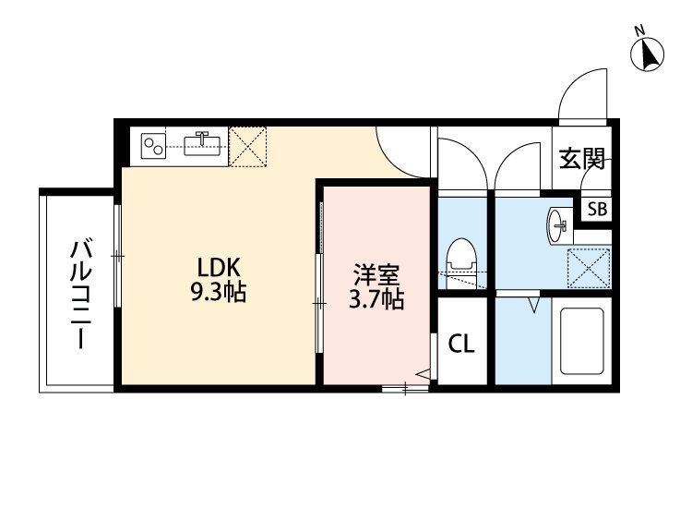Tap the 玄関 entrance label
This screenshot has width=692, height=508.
coord(581,159)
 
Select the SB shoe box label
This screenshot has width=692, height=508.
coord(597,209)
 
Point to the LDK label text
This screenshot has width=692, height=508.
coord(220,267)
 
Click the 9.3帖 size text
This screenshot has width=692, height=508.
coord(220,293)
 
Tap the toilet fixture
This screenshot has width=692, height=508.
coord(459,259)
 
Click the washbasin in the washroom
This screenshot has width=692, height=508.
coord(557,224)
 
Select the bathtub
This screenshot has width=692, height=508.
coord(580,340)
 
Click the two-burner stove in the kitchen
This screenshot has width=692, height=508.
coord(153,145)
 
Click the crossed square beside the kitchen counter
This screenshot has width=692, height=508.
coord(248,146)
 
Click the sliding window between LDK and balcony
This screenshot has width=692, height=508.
coord(118,254)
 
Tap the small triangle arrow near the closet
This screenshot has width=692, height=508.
coord(424,374)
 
